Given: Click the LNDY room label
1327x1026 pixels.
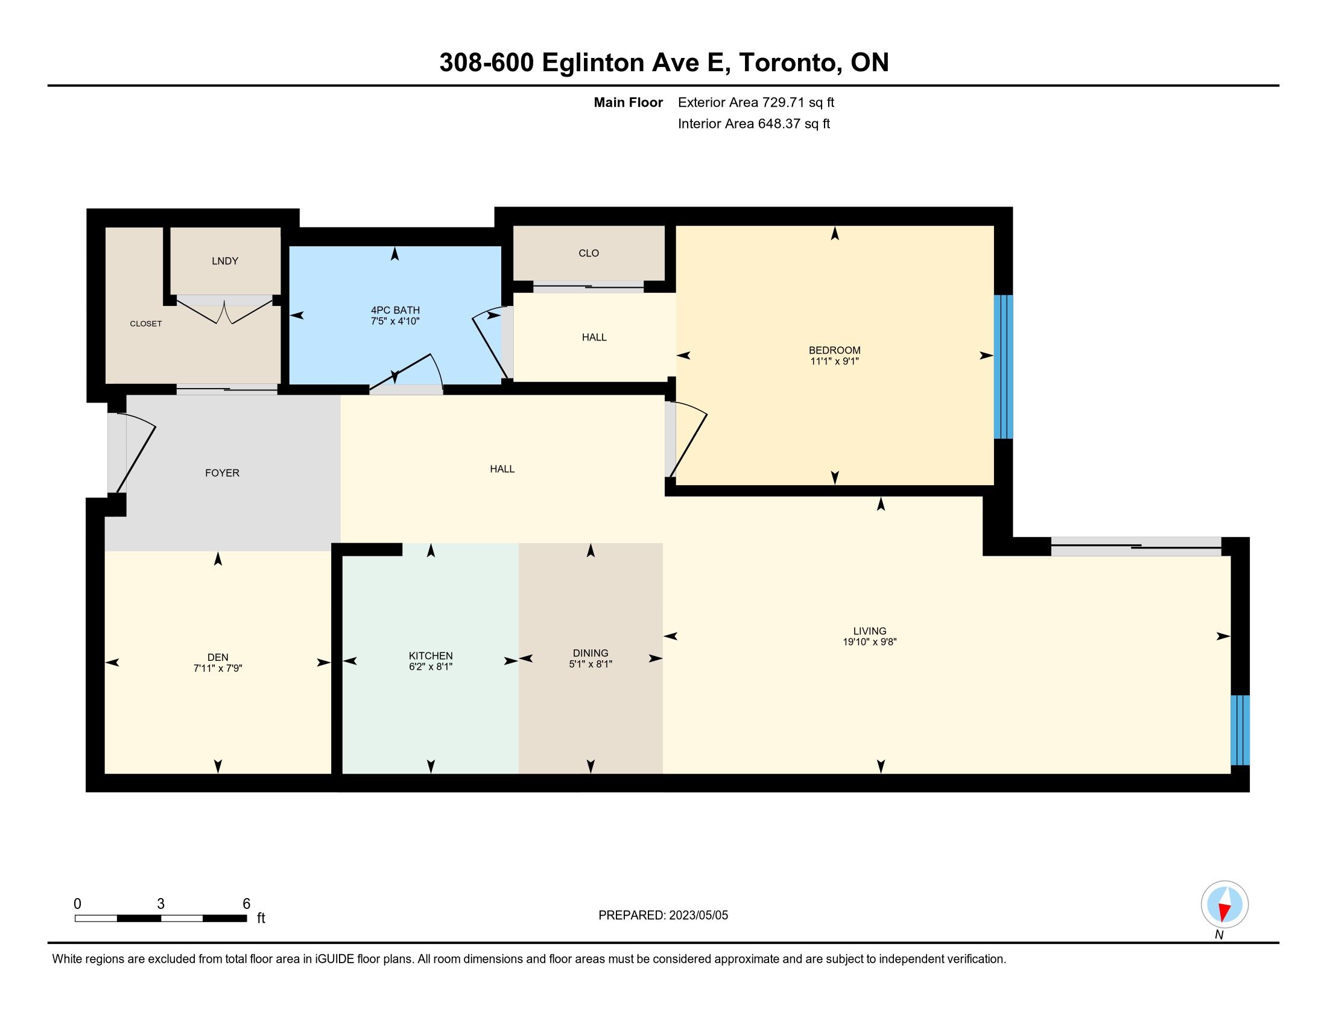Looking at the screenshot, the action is [x=225, y=261].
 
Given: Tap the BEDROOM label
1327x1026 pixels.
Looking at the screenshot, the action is [x=834, y=350].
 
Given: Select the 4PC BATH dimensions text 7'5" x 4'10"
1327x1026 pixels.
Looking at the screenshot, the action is [x=395, y=321].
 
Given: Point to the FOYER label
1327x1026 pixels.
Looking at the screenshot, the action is [x=223, y=473].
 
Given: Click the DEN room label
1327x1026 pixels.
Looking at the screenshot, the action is [x=218, y=657].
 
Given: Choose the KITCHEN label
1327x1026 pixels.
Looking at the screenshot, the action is [x=431, y=656].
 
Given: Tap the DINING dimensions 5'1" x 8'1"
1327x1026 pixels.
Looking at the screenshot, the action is [x=591, y=664].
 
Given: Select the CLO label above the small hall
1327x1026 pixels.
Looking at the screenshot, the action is [x=589, y=253].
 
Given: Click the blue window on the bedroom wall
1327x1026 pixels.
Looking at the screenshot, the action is [x=1003, y=367].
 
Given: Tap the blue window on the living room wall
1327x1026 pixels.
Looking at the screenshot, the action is [x=1240, y=730].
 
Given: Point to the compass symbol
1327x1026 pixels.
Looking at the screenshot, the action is [x=1224, y=905].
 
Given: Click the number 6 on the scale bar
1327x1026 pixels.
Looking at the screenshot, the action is [x=246, y=904].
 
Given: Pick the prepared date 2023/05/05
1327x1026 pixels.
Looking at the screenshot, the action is [x=698, y=916].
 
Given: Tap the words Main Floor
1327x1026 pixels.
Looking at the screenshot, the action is [x=629, y=102].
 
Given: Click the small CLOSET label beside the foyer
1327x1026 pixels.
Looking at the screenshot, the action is [x=146, y=324].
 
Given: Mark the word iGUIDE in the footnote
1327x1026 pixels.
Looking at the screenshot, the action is [x=334, y=959].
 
